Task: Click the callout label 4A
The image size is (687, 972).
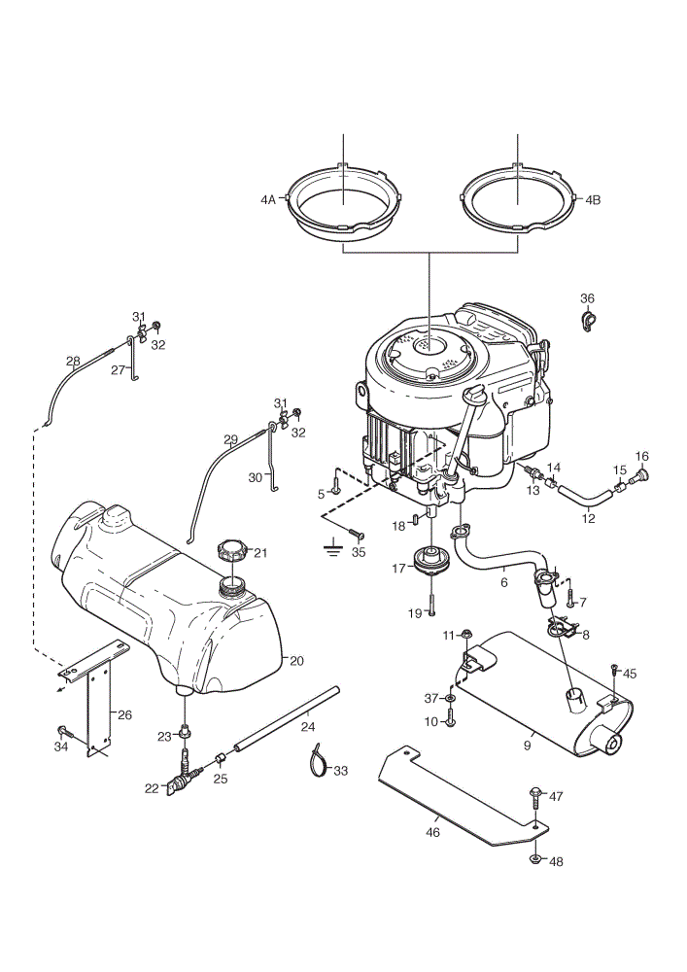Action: (x=267, y=200)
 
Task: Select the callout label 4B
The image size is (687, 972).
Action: (x=593, y=200)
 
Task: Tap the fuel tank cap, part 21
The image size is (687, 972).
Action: (x=232, y=550)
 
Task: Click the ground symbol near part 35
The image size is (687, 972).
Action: (x=334, y=548)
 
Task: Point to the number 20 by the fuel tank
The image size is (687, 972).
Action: (x=296, y=661)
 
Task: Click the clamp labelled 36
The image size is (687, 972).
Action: (x=587, y=321)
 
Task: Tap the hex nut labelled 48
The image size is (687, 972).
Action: (x=535, y=859)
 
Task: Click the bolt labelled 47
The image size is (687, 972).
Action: (x=535, y=804)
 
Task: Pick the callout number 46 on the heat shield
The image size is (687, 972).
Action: (x=433, y=833)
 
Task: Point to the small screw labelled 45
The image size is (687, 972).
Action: (x=614, y=670)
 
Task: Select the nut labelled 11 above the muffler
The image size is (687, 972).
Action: (x=466, y=634)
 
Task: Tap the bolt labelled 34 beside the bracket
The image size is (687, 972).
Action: (x=64, y=732)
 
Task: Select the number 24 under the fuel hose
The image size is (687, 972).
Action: (x=308, y=726)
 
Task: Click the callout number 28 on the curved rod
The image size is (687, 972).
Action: (x=73, y=361)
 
